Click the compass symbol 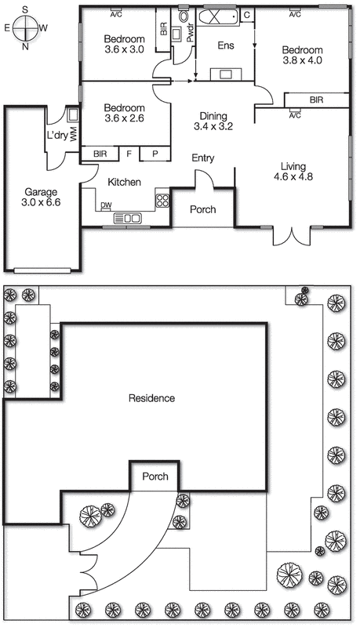click(26, 25)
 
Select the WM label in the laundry click(72, 134)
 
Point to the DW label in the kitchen click(105, 207)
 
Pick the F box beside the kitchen click(129, 154)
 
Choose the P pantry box click(155, 154)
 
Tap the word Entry click(203, 158)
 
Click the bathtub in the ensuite click(215, 16)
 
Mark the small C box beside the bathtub click(246, 15)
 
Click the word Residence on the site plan click(151, 398)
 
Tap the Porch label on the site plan click(155, 477)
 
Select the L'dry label click(56, 134)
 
